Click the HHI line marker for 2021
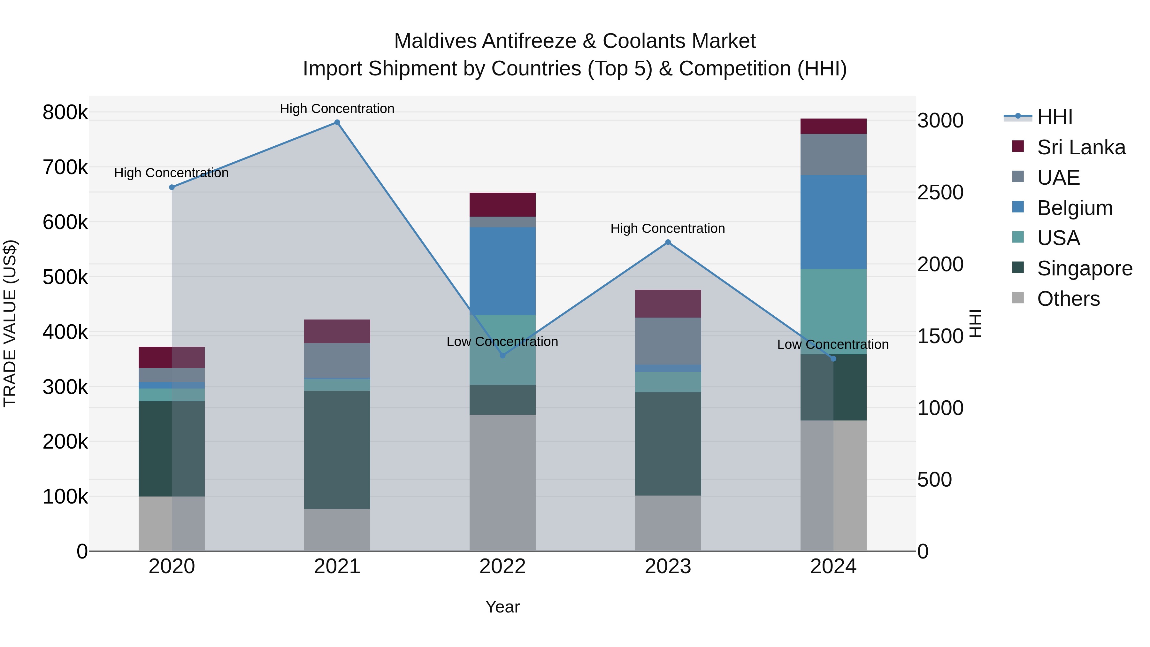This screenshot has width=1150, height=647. pyautogui.click(x=337, y=122)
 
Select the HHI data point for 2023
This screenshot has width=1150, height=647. pyautogui.click(x=668, y=243)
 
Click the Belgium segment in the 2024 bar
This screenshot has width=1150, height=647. pyautogui.click(x=833, y=222)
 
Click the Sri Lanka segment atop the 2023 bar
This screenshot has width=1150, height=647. pyautogui.click(x=668, y=304)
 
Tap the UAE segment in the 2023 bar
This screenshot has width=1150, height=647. pyautogui.click(x=668, y=341)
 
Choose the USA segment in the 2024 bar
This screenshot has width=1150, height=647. pyautogui.click(x=833, y=312)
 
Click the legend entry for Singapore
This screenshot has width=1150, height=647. pyautogui.click(x=1085, y=268)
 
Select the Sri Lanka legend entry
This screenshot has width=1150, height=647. pyautogui.click(x=1081, y=147)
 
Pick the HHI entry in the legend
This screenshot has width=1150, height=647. pyautogui.click(x=1054, y=117)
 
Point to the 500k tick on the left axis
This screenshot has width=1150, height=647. pyautogui.click(x=65, y=277)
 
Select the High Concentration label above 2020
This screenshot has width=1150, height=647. pyautogui.click(x=172, y=173)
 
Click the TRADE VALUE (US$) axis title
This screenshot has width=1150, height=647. pyautogui.click(x=10, y=323)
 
